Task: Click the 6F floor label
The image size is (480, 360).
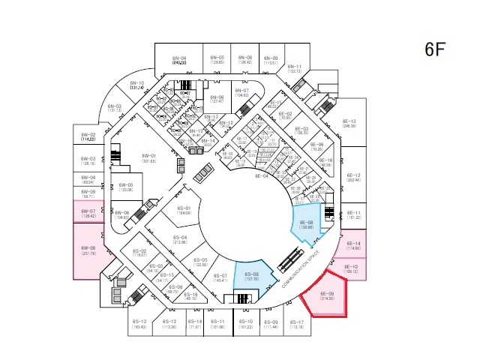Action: click(436, 49)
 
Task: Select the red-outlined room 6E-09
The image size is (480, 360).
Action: click(326, 296)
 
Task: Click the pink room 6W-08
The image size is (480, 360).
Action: click(88, 250)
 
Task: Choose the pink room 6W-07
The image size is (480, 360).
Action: click(88, 214)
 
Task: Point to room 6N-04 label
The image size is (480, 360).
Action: click(179, 61)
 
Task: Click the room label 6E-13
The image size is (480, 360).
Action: click(349, 124)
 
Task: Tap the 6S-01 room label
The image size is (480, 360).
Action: click(184, 210)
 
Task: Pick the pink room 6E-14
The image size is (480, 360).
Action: click(352, 246)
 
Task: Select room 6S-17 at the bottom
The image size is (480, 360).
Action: click(296, 325)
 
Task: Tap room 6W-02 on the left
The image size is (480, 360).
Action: click(88, 137)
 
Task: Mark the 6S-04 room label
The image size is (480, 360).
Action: click(180, 240)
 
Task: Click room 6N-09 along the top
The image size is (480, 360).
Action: click(271, 60)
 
